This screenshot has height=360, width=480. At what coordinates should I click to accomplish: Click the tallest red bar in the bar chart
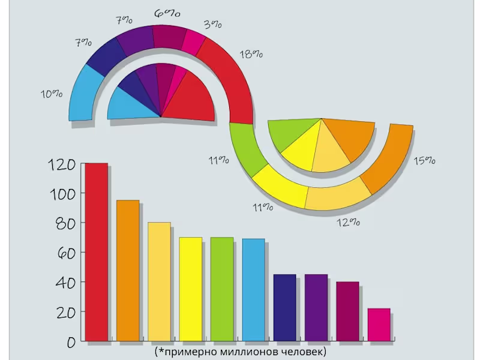(x=96, y=252)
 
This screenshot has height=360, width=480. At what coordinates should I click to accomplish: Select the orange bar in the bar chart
(x=128, y=270)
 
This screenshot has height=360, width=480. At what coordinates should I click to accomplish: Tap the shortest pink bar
(x=379, y=325)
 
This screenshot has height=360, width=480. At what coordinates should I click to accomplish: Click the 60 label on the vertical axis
(x=62, y=253)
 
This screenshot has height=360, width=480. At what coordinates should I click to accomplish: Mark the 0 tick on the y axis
(x=70, y=342)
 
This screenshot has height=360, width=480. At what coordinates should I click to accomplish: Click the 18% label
(x=251, y=53)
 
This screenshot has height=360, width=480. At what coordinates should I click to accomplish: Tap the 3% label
(x=213, y=24)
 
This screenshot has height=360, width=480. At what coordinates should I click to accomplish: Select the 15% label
(x=424, y=160)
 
